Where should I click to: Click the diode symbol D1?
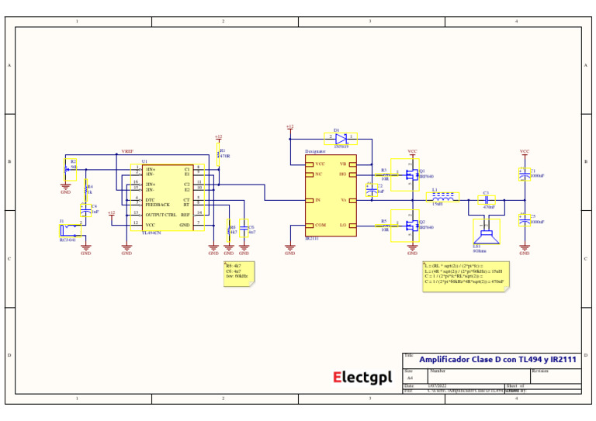click(341, 137)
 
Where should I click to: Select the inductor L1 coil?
click(442, 197)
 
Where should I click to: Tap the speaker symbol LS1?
click(487, 231)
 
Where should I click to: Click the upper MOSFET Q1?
click(406, 175)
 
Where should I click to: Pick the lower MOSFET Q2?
click(406, 225)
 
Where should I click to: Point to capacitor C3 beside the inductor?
click(486, 200)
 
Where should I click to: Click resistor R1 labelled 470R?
click(219, 154)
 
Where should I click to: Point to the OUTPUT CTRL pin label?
click(161, 214)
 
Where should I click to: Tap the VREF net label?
click(127, 152)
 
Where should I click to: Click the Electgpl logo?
click(362, 378)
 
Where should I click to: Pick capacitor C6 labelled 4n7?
click(244, 228)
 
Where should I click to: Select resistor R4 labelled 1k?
click(85, 188)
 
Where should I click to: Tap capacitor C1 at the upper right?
click(525, 175)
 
